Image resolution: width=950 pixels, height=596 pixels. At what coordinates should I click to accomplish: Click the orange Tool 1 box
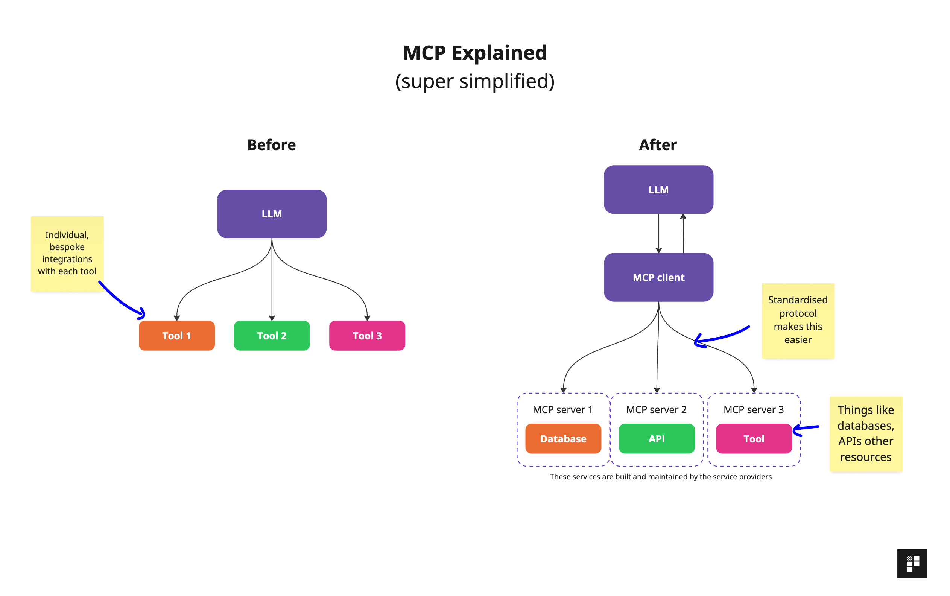pos(176,336)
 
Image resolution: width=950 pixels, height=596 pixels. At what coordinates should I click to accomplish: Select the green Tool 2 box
pos(272,336)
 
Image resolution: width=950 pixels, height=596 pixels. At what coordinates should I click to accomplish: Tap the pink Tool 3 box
pos(367,336)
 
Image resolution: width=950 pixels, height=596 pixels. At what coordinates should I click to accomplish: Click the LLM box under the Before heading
pos(272,214)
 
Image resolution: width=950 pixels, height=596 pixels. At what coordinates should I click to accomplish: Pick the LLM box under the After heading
pos(658,190)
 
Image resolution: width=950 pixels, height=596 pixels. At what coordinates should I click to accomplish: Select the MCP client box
pos(658,277)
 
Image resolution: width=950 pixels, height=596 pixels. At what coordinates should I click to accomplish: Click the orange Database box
pos(563,438)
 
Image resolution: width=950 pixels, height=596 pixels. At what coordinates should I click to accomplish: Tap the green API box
pos(656,438)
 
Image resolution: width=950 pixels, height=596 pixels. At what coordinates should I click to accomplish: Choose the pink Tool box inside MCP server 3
pos(753,438)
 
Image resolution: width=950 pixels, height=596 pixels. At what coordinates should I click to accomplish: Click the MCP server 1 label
pos(562,409)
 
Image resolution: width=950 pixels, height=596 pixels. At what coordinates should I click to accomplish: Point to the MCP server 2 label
pos(656,409)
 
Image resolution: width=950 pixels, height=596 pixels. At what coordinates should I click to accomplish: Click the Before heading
pos(272,144)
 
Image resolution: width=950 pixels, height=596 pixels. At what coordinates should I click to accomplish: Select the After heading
pos(657,144)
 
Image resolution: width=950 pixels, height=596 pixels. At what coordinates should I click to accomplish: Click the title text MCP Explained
pos(474,53)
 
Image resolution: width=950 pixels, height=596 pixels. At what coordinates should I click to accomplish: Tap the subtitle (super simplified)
pos(474,81)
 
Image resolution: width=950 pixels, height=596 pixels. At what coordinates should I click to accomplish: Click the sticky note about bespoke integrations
pos(67,253)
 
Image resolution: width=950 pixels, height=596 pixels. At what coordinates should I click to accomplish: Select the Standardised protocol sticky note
pos(798,320)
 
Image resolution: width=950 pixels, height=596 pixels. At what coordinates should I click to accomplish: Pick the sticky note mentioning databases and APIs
pos(865,433)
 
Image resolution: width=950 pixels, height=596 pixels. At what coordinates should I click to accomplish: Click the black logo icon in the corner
pos(911,563)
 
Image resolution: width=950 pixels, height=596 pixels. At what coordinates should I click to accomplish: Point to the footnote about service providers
pos(660,476)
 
